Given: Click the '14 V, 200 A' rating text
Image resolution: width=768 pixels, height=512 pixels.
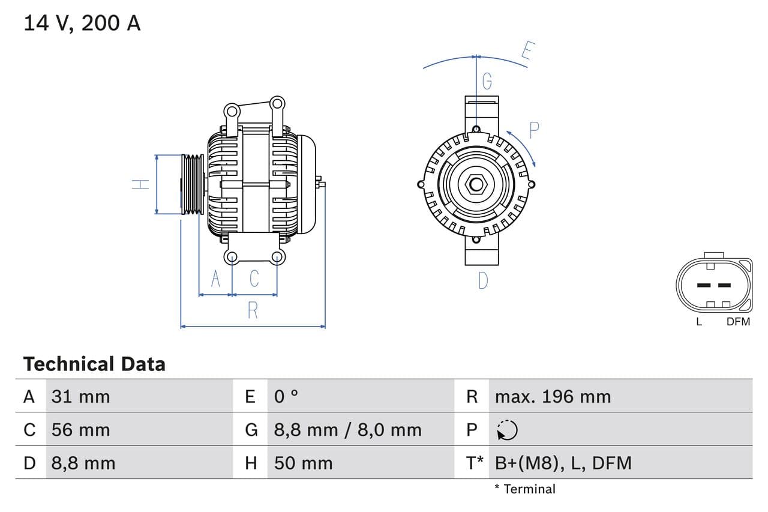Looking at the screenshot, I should [x=82, y=23].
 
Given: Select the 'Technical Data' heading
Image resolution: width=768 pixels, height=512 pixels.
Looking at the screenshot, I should [x=94, y=364].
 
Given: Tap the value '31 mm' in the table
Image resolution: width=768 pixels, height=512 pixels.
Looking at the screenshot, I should [x=81, y=396].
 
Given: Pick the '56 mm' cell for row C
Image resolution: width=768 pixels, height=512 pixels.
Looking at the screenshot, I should [x=81, y=430].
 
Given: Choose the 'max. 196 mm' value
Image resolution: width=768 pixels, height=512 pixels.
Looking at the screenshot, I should [x=553, y=396].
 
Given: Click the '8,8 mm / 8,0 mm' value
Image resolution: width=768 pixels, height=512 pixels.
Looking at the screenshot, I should [x=347, y=430].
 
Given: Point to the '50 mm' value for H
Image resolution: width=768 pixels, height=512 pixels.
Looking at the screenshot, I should [x=303, y=463].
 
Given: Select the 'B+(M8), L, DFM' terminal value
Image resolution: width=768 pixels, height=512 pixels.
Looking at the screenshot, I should [x=563, y=463].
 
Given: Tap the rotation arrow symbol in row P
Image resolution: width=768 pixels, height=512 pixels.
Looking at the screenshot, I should [x=507, y=430].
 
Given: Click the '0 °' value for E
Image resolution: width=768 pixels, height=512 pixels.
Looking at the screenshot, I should [x=286, y=396].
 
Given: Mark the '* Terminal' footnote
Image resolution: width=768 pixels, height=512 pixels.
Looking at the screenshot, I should [x=525, y=489].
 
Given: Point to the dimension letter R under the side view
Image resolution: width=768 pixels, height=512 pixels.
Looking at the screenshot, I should [x=253, y=310].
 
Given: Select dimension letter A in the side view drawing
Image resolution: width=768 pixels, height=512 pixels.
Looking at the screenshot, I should [x=216, y=279].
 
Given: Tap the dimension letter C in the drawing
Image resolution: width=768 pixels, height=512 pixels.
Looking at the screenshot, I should [x=254, y=279].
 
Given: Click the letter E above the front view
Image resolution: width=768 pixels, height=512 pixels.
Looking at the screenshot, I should [x=527, y=51].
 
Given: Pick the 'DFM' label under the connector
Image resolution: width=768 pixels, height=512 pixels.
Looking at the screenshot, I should [x=738, y=322].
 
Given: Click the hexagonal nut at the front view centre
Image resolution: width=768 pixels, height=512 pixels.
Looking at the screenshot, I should [x=476, y=184].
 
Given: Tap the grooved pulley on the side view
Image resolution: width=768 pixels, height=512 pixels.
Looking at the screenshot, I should [x=193, y=184].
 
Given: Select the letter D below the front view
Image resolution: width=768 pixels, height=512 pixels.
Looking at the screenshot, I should [x=483, y=280].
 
